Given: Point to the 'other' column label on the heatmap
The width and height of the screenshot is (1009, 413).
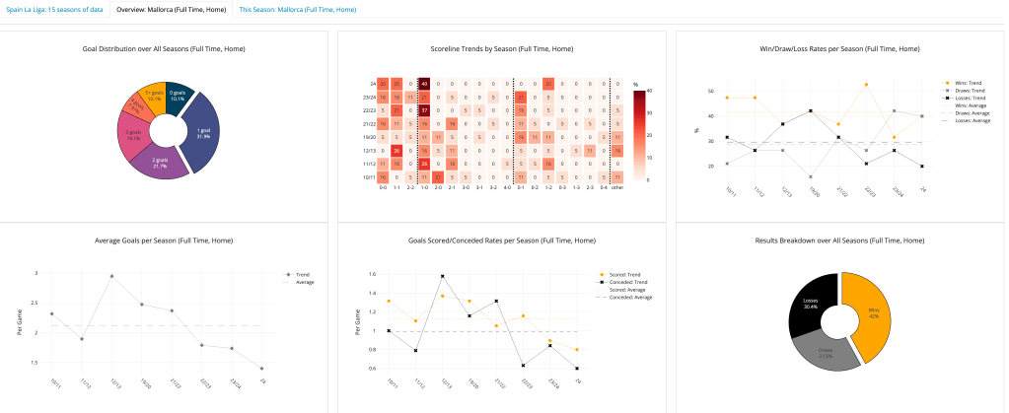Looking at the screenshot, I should pos(616,186).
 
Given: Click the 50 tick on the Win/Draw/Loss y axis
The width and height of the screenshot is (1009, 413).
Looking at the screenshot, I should pos(711,91).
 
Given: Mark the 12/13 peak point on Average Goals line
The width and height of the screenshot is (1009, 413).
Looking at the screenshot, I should pos(111,276).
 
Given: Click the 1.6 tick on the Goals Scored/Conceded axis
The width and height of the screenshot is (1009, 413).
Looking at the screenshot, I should pos(373,274).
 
